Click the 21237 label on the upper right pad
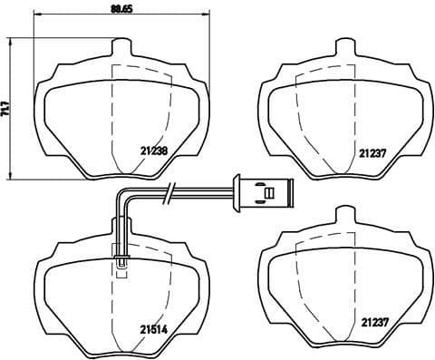pyautogui.click(x=374, y=153)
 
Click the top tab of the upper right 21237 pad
pyautogui.click(x=342, y=47)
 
